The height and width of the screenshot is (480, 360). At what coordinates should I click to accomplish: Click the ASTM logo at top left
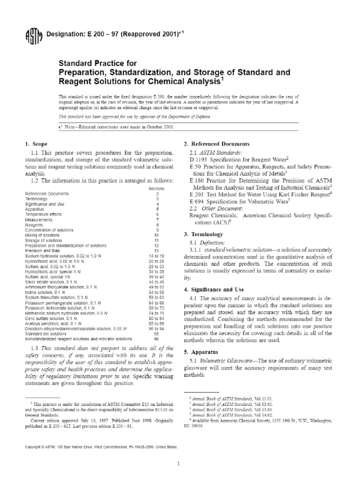pyautogui.click(x=33, y=37)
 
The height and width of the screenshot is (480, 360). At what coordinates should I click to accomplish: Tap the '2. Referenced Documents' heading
pyautogui.click(x=216, y=143)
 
